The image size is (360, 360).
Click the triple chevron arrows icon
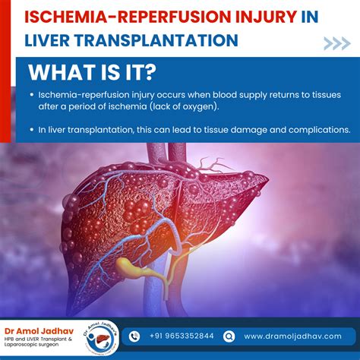(x=336, y=43)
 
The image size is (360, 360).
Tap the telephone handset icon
(x=134, y=336)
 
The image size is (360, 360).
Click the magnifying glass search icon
(x=229, y=336)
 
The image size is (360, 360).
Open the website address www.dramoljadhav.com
(x=292, y=336)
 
